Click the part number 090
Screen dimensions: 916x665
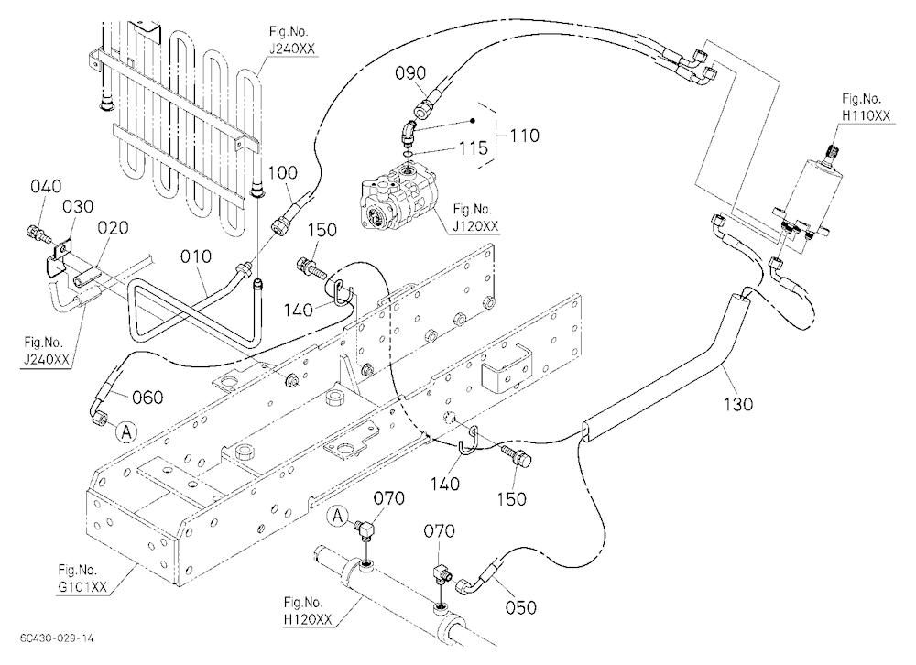click(x=410, y=73)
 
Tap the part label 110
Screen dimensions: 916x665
click(x=524, y=136)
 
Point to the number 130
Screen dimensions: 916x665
click(x=737, y=404)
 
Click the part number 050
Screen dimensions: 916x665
click(x=520, y=607)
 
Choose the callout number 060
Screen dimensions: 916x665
click(x=147, y=398)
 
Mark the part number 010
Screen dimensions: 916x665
click(x=196, y=256)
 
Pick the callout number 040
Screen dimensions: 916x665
click(x=46, y=187)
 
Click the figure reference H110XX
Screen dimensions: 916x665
click(x=866, y=115)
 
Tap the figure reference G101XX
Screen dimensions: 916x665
click(x=82, y=587)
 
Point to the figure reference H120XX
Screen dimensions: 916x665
click(x=308, y=619)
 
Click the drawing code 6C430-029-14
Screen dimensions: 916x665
click(x=56, y=638)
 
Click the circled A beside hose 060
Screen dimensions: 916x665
click(x=126, y=432)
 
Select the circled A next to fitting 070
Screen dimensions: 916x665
click(x=337, y=516)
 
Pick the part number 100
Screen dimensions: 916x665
click(x=283, y=173)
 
